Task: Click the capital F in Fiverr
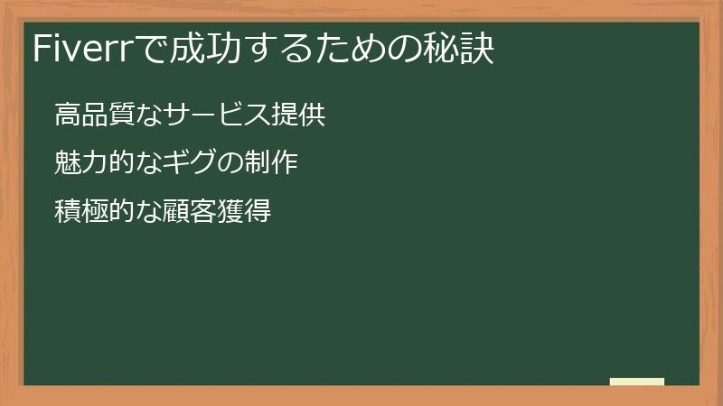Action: pos(40,50)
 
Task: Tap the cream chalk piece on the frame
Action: pos(637,382)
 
